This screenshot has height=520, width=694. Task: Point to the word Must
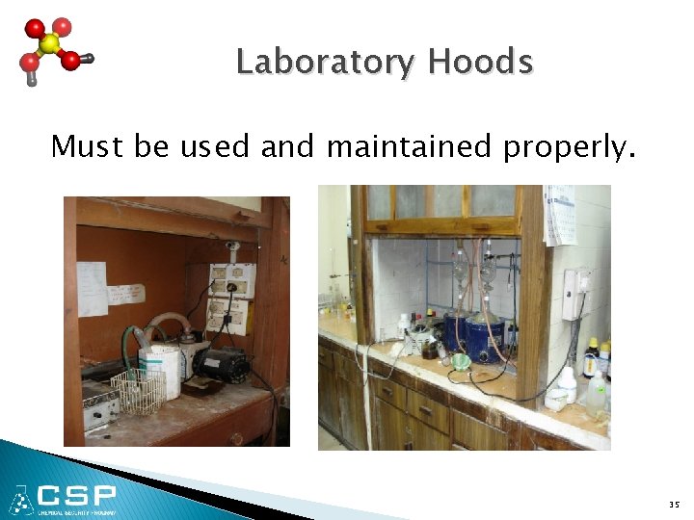(87, 146)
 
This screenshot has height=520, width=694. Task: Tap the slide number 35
(673, 503)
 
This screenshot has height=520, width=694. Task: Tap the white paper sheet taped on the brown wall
(93, 288)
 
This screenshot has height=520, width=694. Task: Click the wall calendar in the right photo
(559, 215)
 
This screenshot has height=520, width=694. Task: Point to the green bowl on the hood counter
(461, 361)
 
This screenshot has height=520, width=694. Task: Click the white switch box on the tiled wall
(576, 294)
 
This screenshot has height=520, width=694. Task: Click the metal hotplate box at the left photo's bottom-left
(98, 404)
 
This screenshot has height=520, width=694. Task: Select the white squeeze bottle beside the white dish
(568, 385)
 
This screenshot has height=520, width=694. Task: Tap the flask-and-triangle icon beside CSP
(21, 499)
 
